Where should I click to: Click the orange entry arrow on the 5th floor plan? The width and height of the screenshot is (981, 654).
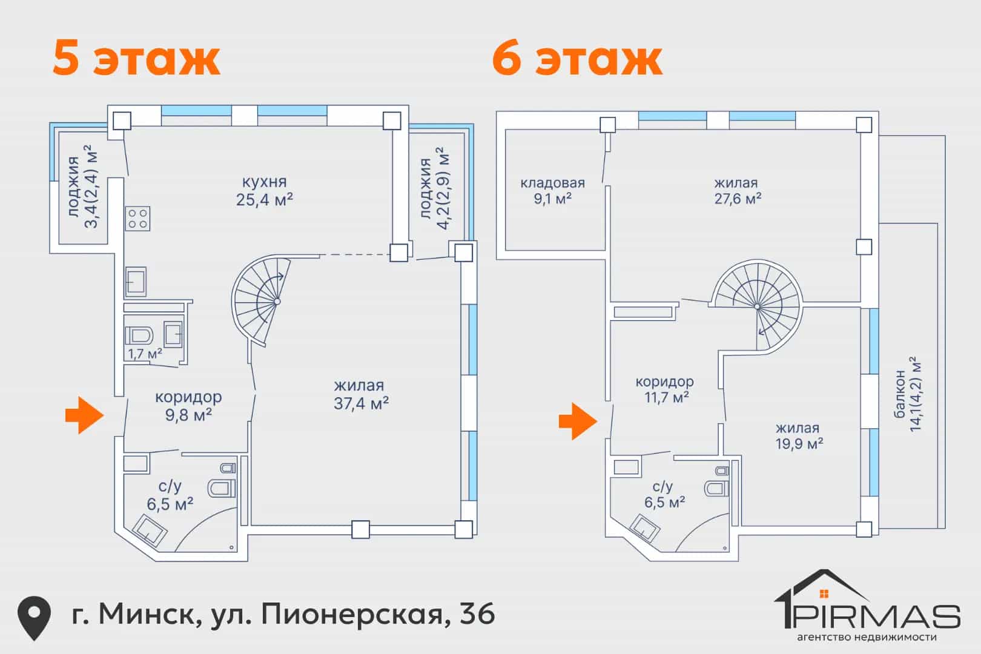point(85,415)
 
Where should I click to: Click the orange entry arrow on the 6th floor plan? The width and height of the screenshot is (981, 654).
point(578,421)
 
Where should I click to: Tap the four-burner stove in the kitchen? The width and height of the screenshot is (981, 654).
point(137,219)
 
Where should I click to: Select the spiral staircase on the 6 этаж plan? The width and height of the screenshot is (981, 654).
point(757,305)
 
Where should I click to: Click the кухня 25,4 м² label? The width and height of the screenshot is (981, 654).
point(265,191)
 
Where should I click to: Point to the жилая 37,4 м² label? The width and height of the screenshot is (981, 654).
point(361,394)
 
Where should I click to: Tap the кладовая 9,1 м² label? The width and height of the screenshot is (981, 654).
point(553,191)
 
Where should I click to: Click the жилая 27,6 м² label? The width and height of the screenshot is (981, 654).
point(738,191)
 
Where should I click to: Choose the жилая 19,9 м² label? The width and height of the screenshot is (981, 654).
point(799,436)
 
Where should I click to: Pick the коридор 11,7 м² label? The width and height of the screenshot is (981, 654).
point(665,389)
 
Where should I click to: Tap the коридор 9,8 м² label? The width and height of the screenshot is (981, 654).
point(188,406)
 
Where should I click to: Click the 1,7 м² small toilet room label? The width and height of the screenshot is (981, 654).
point(145,353)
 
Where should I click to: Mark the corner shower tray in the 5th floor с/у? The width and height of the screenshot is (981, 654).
point(150,530)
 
